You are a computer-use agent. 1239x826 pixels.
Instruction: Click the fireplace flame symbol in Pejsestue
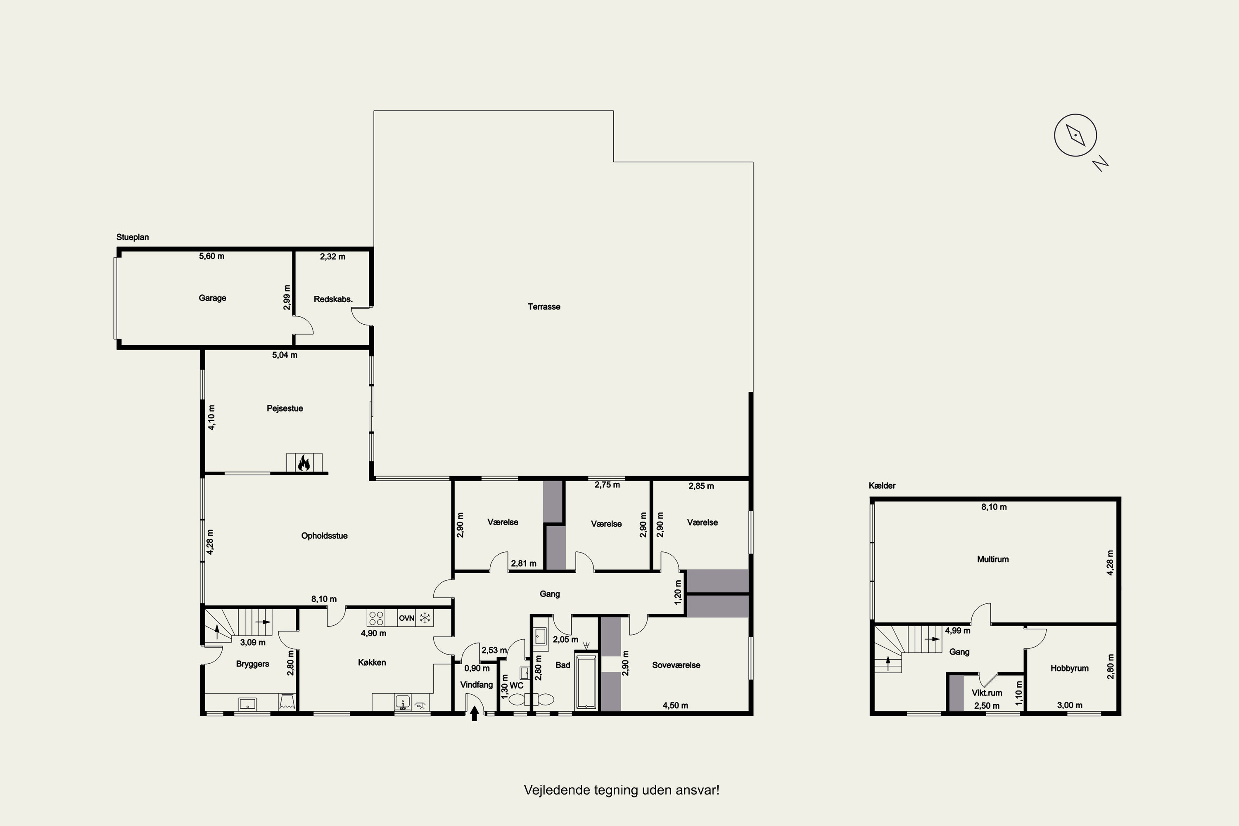(304, 463)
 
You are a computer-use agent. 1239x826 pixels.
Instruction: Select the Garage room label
(212, 298)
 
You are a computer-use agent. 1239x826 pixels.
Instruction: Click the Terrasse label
(544, 306)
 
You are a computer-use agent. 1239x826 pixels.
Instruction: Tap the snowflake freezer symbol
(425, 618)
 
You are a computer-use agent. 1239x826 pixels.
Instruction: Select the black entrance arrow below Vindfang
(474, 713)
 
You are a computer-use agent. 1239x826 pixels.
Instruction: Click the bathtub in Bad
(585, 681)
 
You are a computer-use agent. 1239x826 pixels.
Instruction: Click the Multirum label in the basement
(993, 560)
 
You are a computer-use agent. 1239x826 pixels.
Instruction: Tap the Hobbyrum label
(1069, 669)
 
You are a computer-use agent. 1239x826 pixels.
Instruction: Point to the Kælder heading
(882, 486)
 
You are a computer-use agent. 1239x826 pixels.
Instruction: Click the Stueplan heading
(133, 237)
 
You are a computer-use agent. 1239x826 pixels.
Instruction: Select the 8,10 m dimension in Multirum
(994, 507)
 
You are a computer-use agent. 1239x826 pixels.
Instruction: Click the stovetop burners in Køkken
(375, 618)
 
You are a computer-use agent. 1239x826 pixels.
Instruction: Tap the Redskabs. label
(333, 299)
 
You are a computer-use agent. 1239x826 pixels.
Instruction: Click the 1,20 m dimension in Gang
(679, 591)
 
